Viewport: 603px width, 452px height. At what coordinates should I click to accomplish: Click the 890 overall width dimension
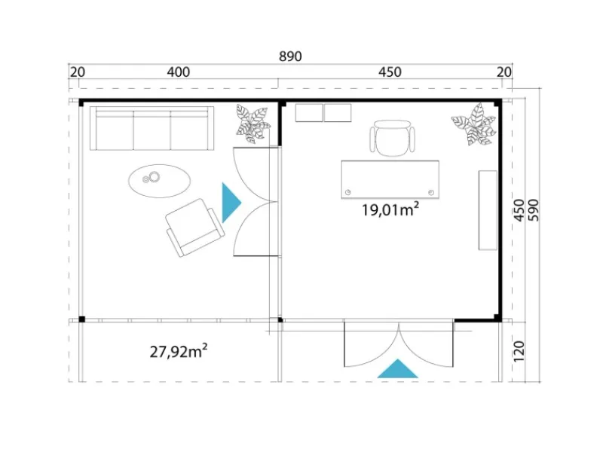coord(290,56)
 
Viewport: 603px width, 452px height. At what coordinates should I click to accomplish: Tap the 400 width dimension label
coord(179,72)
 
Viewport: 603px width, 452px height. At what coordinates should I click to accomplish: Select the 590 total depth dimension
coord(534,210)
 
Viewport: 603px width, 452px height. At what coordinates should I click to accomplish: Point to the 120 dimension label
coord(519,350)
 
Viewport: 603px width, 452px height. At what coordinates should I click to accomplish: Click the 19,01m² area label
coord(390,209)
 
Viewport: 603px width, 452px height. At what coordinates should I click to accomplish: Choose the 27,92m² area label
coord(179,351)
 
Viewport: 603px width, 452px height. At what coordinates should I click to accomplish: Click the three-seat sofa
coord(152,128)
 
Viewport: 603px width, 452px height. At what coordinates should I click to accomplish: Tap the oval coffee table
coord(159,181)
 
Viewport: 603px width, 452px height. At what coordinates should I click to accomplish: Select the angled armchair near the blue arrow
coord(195,228)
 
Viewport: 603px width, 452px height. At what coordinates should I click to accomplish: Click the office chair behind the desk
coord(393,137)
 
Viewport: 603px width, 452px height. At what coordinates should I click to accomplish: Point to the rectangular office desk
coord(390,179)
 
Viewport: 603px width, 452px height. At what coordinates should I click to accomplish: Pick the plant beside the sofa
coord(253,124)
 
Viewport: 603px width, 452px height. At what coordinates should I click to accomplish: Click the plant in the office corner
coord(474,124)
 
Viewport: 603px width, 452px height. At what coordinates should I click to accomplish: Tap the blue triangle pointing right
coord(231,203)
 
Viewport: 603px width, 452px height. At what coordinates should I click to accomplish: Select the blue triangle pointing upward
coord(398,368)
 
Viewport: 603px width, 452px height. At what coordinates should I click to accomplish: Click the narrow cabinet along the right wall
coord(488,210)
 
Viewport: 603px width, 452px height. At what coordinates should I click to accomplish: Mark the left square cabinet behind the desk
coord(309,112)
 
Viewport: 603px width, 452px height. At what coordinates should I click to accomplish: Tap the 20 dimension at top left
coord(78,72)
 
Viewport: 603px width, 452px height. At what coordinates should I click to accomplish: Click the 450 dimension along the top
coord(390,72)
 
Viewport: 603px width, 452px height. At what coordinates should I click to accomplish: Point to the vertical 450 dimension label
coord(519,210)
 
